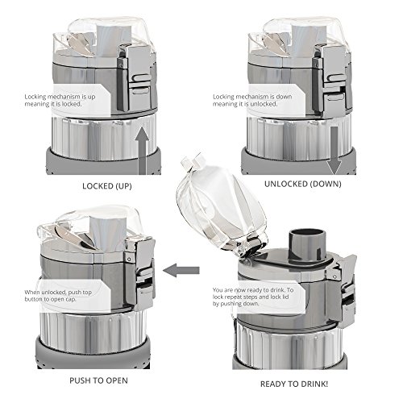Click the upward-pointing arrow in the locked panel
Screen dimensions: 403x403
tap(142, 151)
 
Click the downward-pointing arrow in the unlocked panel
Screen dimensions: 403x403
tap(334, 151)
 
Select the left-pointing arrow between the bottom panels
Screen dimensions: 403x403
tap(181, 270)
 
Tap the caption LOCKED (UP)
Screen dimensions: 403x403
tap(107, 186)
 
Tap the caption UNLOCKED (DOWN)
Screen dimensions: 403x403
tap(303, 184)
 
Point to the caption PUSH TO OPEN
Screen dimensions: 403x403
tap(98, 380)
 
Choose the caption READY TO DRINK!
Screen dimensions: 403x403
tap(294, 384)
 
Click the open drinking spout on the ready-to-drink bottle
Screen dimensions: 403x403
tap(306, 244)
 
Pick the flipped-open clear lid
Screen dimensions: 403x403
tap(220, 207)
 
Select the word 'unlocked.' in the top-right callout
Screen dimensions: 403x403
tap(264, 104)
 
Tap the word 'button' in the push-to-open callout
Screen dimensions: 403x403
tap(33, 299)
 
